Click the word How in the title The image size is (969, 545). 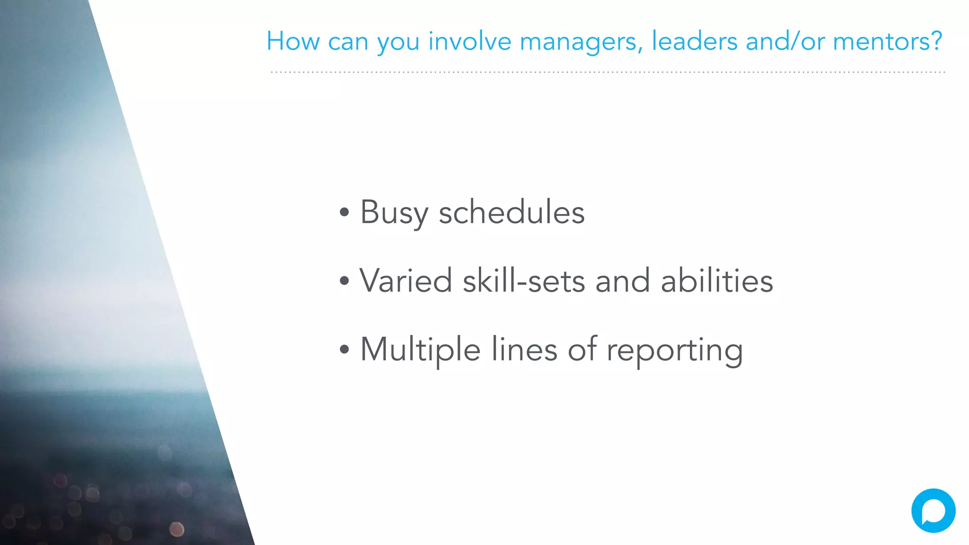(293, 41)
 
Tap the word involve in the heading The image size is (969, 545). (470, 41)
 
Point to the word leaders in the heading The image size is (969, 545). (694, 41)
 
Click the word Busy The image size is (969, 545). (394, 212)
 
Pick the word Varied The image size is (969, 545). (405, 281)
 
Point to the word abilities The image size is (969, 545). (717, 281)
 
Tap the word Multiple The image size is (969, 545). (420, 350)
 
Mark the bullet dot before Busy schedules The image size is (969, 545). (344, 212)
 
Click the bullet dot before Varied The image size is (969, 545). (344, 281)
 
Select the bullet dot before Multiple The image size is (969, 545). (344, 350)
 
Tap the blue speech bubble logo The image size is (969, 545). (933, 510)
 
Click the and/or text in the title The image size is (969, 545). (785, 41)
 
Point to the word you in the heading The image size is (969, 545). (398, 42)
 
